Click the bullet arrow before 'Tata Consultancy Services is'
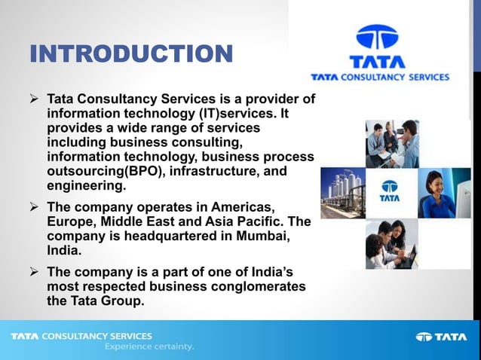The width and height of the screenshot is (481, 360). [35, 99]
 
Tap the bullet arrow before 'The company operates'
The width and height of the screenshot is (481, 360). [35, 206]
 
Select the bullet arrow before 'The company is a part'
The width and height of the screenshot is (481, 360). [35, 272]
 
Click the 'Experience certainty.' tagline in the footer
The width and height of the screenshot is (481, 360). [149, 347]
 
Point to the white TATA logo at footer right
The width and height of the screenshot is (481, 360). [441, 337]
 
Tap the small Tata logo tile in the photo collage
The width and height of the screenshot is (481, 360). [390, 192]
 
